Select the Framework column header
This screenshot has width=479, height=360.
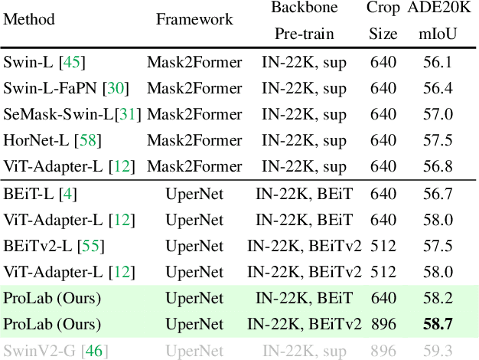(194, 19)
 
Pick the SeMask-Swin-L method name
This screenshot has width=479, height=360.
(58, 116)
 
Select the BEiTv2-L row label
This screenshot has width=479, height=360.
(37, 246)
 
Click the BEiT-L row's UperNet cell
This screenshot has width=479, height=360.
(194, 195)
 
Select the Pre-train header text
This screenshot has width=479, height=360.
(305, 34)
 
